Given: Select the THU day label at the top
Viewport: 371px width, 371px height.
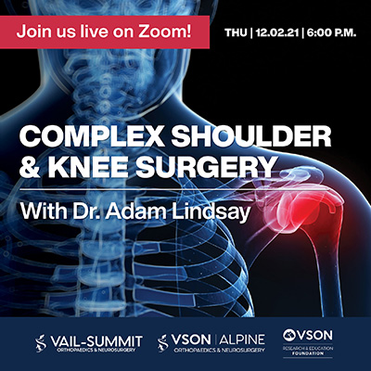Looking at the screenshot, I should tap(237, 31).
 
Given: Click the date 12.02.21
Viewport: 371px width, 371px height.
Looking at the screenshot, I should tap(279, 31).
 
